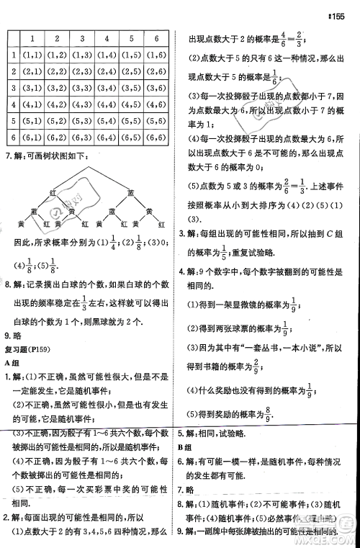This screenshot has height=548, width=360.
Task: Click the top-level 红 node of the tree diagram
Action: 53,192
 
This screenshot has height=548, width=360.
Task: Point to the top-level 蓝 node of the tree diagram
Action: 130,192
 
